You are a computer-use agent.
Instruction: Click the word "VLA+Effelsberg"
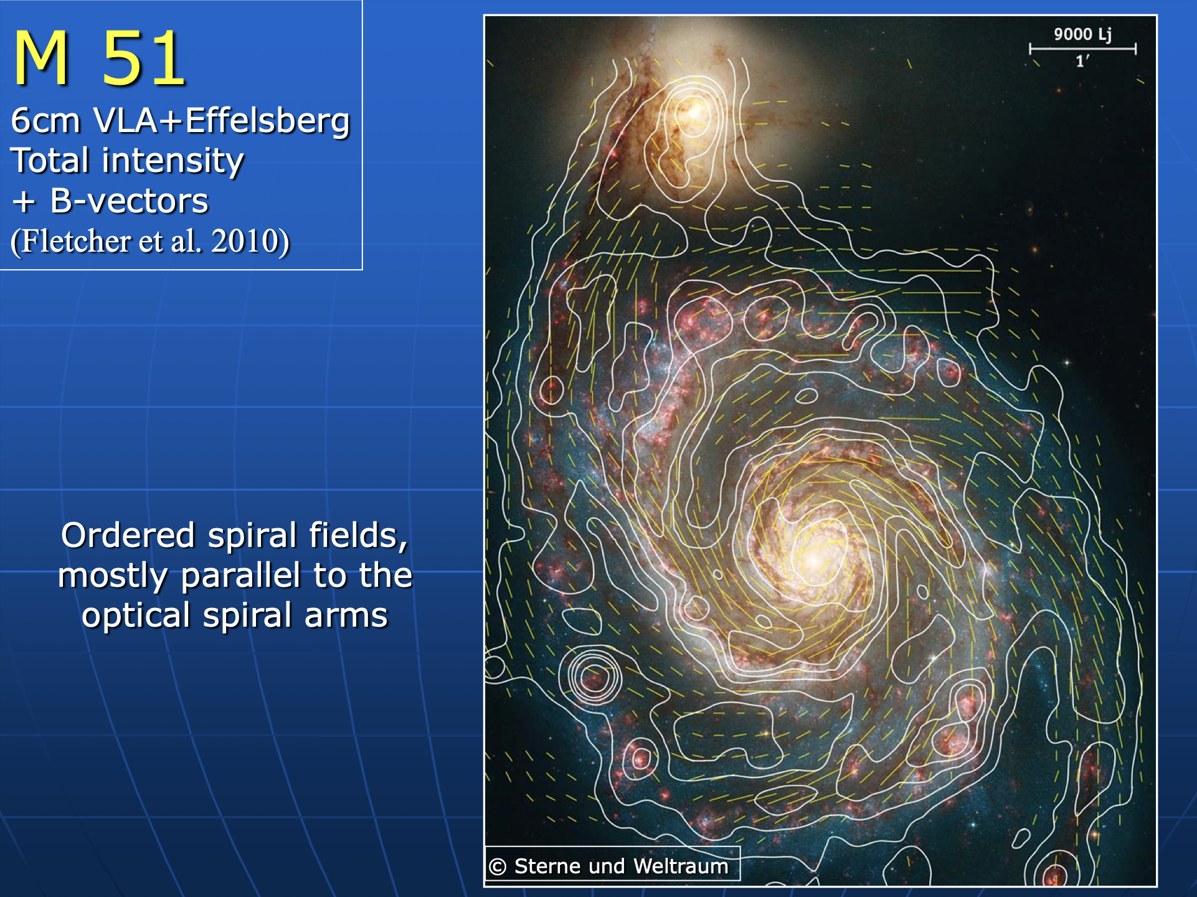pos(221,121)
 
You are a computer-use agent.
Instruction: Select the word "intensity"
pos(173,161)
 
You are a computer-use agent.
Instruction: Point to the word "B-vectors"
pos(129,201)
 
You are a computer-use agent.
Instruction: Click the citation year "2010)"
pos(250,241)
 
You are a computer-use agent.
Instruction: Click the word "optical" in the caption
pos(136,616)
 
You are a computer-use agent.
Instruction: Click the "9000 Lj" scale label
pos(1082,34)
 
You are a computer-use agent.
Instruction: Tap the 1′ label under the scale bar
pos(1082,61)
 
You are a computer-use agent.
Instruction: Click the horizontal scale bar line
pos(1082,49)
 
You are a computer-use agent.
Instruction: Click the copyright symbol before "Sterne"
pos(498,866)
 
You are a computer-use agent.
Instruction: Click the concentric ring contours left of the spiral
pos(590,676)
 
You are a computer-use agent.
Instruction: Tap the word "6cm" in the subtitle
pos(45,121)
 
